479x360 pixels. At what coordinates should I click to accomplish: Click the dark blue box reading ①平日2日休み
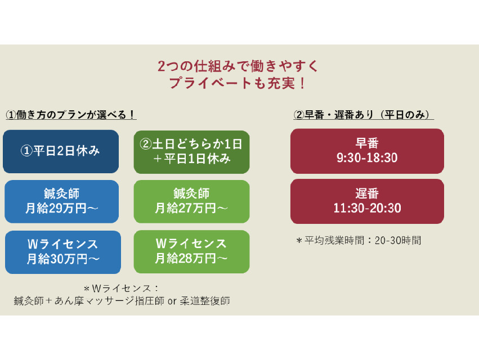pos(61,151)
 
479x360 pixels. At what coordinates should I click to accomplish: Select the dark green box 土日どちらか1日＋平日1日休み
pos(191,151)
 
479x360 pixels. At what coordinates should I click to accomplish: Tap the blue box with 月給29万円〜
pos(62,201)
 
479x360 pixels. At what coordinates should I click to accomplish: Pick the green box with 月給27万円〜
pos(191,201)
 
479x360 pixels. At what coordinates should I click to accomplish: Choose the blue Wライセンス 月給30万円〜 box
pos(62,251)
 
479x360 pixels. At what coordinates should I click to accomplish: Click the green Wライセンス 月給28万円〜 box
pos(191,251)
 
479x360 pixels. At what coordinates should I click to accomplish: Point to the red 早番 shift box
pos(367,151)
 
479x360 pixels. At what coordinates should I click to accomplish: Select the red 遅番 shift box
pos(367,201)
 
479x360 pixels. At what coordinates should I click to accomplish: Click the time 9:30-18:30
pos(367,158)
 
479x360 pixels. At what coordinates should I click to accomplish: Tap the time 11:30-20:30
pos(367,208)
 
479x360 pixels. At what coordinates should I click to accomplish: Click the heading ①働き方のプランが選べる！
pos(71,115)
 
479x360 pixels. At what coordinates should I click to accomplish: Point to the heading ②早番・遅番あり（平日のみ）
pos(364,115)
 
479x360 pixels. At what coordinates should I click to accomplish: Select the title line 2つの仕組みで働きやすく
pos(239,66)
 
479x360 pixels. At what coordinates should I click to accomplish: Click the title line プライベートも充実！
pos(239,83)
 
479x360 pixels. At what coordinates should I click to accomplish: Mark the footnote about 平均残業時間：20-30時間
pos(359,241)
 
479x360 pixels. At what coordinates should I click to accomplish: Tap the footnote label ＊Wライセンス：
pos(122,289)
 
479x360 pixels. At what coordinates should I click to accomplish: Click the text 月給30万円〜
pos(62,259)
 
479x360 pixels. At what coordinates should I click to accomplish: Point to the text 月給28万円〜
pos(191,259)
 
